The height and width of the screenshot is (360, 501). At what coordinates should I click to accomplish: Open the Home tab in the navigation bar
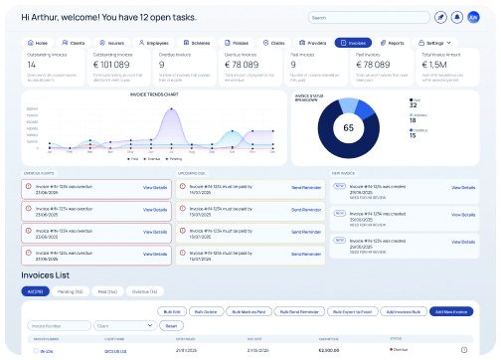(38, 44)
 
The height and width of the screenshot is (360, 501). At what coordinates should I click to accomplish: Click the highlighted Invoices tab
(354, 44)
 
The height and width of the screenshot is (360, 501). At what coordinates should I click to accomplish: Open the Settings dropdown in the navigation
(433, 44)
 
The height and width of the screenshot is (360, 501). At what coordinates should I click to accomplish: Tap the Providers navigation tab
(312, 44)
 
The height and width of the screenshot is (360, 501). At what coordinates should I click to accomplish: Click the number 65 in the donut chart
(349, 128)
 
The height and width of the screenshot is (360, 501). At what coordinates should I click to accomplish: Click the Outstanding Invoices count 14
(31, 64)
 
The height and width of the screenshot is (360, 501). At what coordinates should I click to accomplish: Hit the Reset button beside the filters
(170, 325)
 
